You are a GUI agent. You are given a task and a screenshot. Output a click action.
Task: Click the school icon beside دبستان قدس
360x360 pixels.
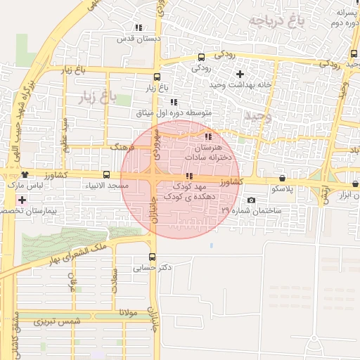[138, 27]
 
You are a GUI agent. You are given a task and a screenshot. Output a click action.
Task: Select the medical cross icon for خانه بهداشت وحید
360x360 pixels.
[240, 74]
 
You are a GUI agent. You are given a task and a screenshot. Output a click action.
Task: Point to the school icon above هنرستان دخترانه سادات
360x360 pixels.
[207, 136]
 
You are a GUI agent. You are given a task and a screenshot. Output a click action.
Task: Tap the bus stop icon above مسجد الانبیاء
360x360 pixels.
[106, 174]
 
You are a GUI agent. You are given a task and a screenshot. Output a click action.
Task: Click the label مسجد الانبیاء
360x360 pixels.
[107, 186]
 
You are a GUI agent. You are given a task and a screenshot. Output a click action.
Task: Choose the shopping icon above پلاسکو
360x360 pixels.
[282, 179]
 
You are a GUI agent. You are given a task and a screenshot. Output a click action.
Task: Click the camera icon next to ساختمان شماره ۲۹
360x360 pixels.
[251, 200]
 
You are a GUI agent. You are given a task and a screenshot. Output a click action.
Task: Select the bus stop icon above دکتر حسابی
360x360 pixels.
[153, 257]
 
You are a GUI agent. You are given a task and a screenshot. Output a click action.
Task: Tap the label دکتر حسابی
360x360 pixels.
[153, 268]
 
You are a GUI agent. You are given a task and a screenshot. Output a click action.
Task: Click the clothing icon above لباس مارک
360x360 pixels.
[25, 174]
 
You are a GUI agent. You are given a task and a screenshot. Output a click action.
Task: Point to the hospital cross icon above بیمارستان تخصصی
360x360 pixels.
[22, 200]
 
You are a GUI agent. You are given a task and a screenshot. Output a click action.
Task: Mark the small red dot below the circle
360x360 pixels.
[212, 245]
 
